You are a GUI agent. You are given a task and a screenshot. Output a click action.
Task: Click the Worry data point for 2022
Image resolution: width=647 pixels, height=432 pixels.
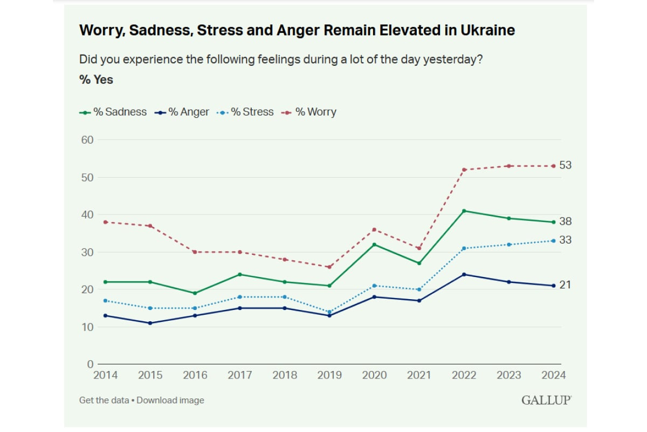pyautogui.click(x=464, y=170)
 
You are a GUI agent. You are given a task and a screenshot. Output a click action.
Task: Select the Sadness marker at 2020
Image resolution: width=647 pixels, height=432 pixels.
pyautogui.click(x=374, y=244)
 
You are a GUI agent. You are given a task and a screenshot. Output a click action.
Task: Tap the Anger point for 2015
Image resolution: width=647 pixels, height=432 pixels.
pyautogui.click(x=150, y=323)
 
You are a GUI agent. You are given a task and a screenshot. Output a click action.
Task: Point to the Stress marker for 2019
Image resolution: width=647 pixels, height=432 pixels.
pyautogui.click(x=329, y=312)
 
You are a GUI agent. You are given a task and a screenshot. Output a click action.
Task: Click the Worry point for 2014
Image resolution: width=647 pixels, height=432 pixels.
pyautogui.click(x=105, y=222)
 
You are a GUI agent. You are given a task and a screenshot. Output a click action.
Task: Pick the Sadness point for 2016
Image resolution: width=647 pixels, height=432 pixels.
pyautogui.click(x=195, y=293)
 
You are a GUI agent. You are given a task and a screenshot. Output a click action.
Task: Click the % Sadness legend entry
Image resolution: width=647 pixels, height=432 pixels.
pyautogui.click(x=113, y=112)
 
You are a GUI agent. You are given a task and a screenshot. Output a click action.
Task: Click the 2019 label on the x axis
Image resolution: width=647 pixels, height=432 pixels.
pyautogui.click(x=329, y=375)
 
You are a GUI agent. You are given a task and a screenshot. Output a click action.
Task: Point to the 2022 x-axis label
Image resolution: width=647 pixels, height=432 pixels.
pyautogui.click(x=464, y=375)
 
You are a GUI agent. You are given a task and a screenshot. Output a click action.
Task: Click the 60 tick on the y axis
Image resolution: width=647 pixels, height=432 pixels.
pyautogui.click(x=87, y=140)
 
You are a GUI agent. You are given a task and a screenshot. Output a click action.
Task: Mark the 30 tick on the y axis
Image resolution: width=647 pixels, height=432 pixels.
pyautogui.click(x=87, y=252)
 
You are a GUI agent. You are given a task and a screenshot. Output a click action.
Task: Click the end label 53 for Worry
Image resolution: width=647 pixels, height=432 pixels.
pyautogui.click(x=565, y=165)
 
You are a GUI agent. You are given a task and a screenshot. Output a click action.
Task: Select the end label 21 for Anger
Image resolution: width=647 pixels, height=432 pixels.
pyautogui.click(x=565, y=285)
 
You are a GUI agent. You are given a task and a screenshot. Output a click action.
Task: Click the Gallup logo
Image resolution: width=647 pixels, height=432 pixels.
pyautogui.click(x=546, y=400)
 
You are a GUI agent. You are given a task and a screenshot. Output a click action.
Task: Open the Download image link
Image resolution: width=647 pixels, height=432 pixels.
pyautogui.click(x=170, y=400)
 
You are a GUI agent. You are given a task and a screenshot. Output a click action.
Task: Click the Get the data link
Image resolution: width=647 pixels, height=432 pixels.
pyautogui.click(x=104, y=400)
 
